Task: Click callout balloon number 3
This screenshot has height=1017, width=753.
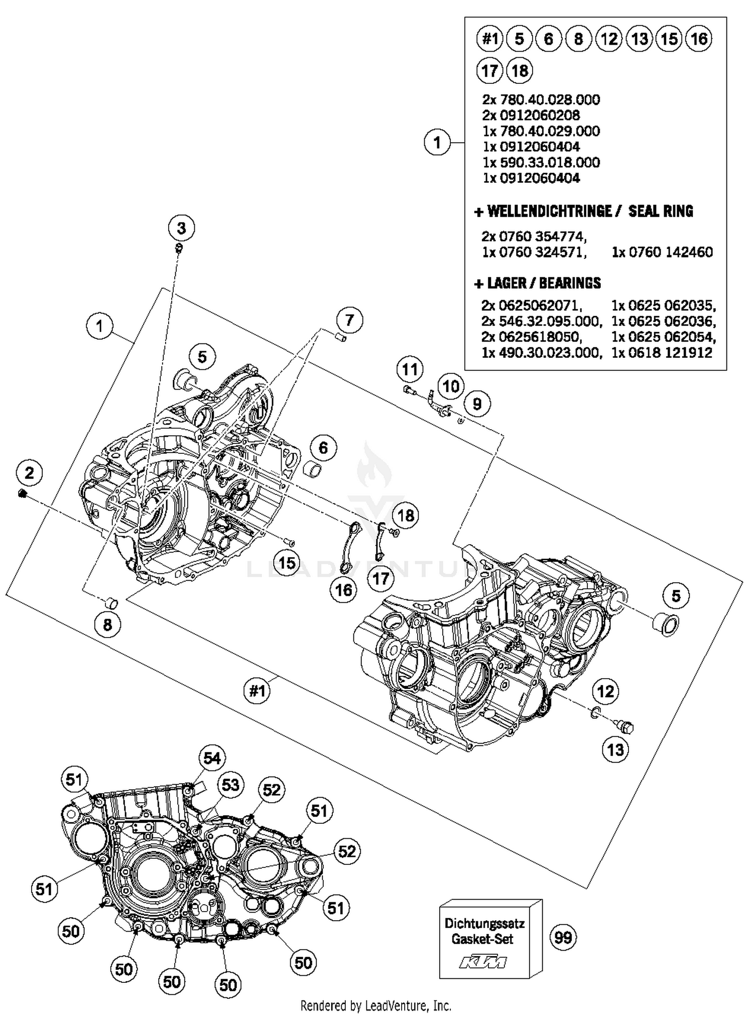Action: [181, 228]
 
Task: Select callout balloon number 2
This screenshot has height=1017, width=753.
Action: [30, 472]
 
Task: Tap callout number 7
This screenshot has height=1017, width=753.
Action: [349, 320]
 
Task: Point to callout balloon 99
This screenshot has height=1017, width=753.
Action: [563, 937]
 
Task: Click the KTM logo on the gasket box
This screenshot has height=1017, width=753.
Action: [483, 962]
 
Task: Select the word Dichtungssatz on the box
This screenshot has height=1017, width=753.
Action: [484, 923]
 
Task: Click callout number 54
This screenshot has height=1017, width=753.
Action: [212, 757]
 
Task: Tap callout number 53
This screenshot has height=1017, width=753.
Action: [230, 784]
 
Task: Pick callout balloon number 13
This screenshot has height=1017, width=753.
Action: [615, 750]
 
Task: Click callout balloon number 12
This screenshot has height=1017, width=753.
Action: [605, 692]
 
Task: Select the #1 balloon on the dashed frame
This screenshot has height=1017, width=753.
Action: [257, 691]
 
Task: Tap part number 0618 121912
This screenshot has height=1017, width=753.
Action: [662, 352]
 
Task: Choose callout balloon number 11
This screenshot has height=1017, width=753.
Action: [410, 369]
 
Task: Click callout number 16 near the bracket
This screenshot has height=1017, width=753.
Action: [344, 589]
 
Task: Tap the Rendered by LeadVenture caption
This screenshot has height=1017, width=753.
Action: [375, 1005]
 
